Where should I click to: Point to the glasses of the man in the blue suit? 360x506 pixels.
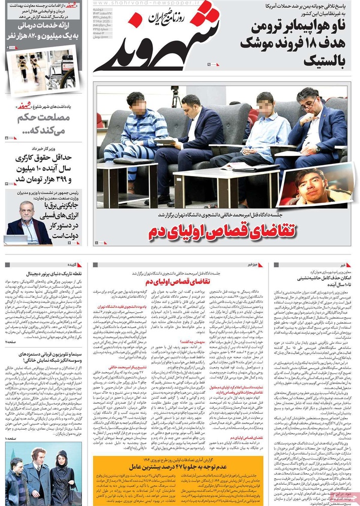coord(309,105)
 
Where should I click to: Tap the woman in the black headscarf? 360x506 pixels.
coord(63,474)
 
